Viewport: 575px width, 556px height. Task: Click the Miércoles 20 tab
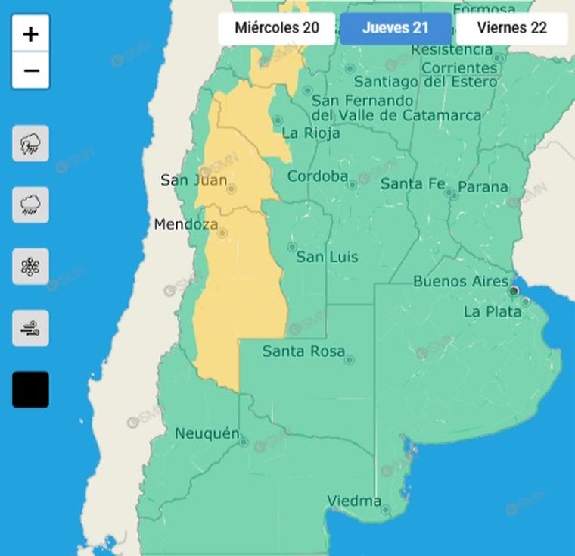(276, 29)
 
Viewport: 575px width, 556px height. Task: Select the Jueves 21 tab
(395, 29)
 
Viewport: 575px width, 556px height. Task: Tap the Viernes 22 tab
(512, 29)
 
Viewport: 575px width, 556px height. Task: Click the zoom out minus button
(31, 70)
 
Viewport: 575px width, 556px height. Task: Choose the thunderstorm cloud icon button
(31, 143)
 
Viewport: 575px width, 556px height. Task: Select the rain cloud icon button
(31, 205)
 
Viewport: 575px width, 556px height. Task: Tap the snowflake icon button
(31, 267)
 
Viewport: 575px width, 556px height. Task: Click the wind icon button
(31, 328)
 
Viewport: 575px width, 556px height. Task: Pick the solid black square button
(31, 389)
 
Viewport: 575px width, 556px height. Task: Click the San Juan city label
(193, 180)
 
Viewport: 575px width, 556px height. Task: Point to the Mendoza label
(186, 225)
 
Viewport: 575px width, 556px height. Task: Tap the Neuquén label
(207, 434)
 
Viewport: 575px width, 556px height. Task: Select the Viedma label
(354, 501)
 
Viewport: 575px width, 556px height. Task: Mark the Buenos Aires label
(460, 282)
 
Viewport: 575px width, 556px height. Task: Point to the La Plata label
(492, 311)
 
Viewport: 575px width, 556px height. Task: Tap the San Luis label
(327, 258)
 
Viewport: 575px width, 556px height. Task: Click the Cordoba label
(317, 176)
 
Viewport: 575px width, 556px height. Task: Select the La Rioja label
(310, 133)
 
